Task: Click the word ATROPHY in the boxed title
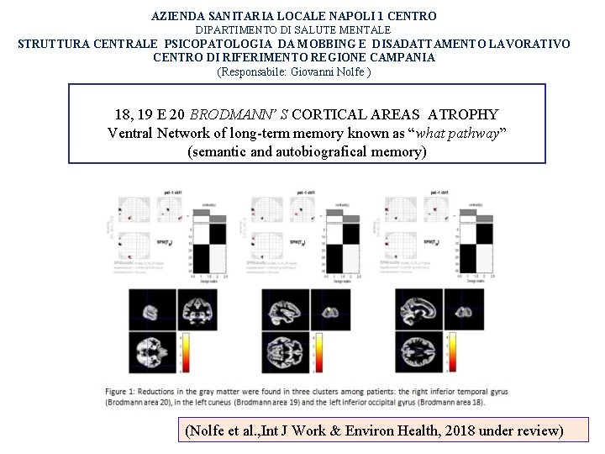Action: click(463, 114)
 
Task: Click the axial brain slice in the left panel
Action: click(150, 354)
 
